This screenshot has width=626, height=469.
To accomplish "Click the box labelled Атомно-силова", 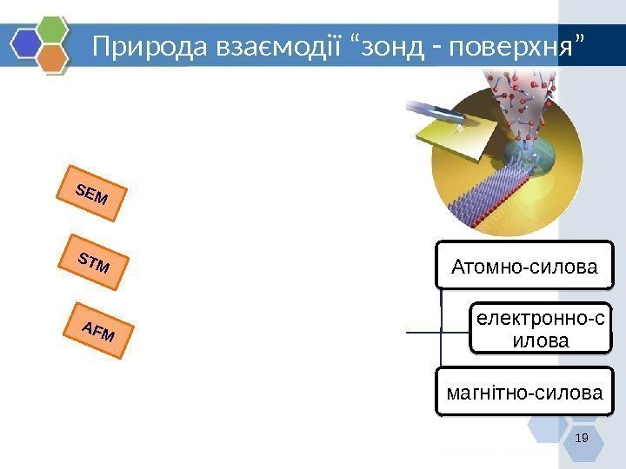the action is coord(525,265).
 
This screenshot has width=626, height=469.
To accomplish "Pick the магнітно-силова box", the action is coord(524,393).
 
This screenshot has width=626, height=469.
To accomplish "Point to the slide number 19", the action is coord(583,438).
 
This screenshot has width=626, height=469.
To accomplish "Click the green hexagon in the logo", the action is coord(55,29).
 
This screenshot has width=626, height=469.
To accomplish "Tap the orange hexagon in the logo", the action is coord(55,57).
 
